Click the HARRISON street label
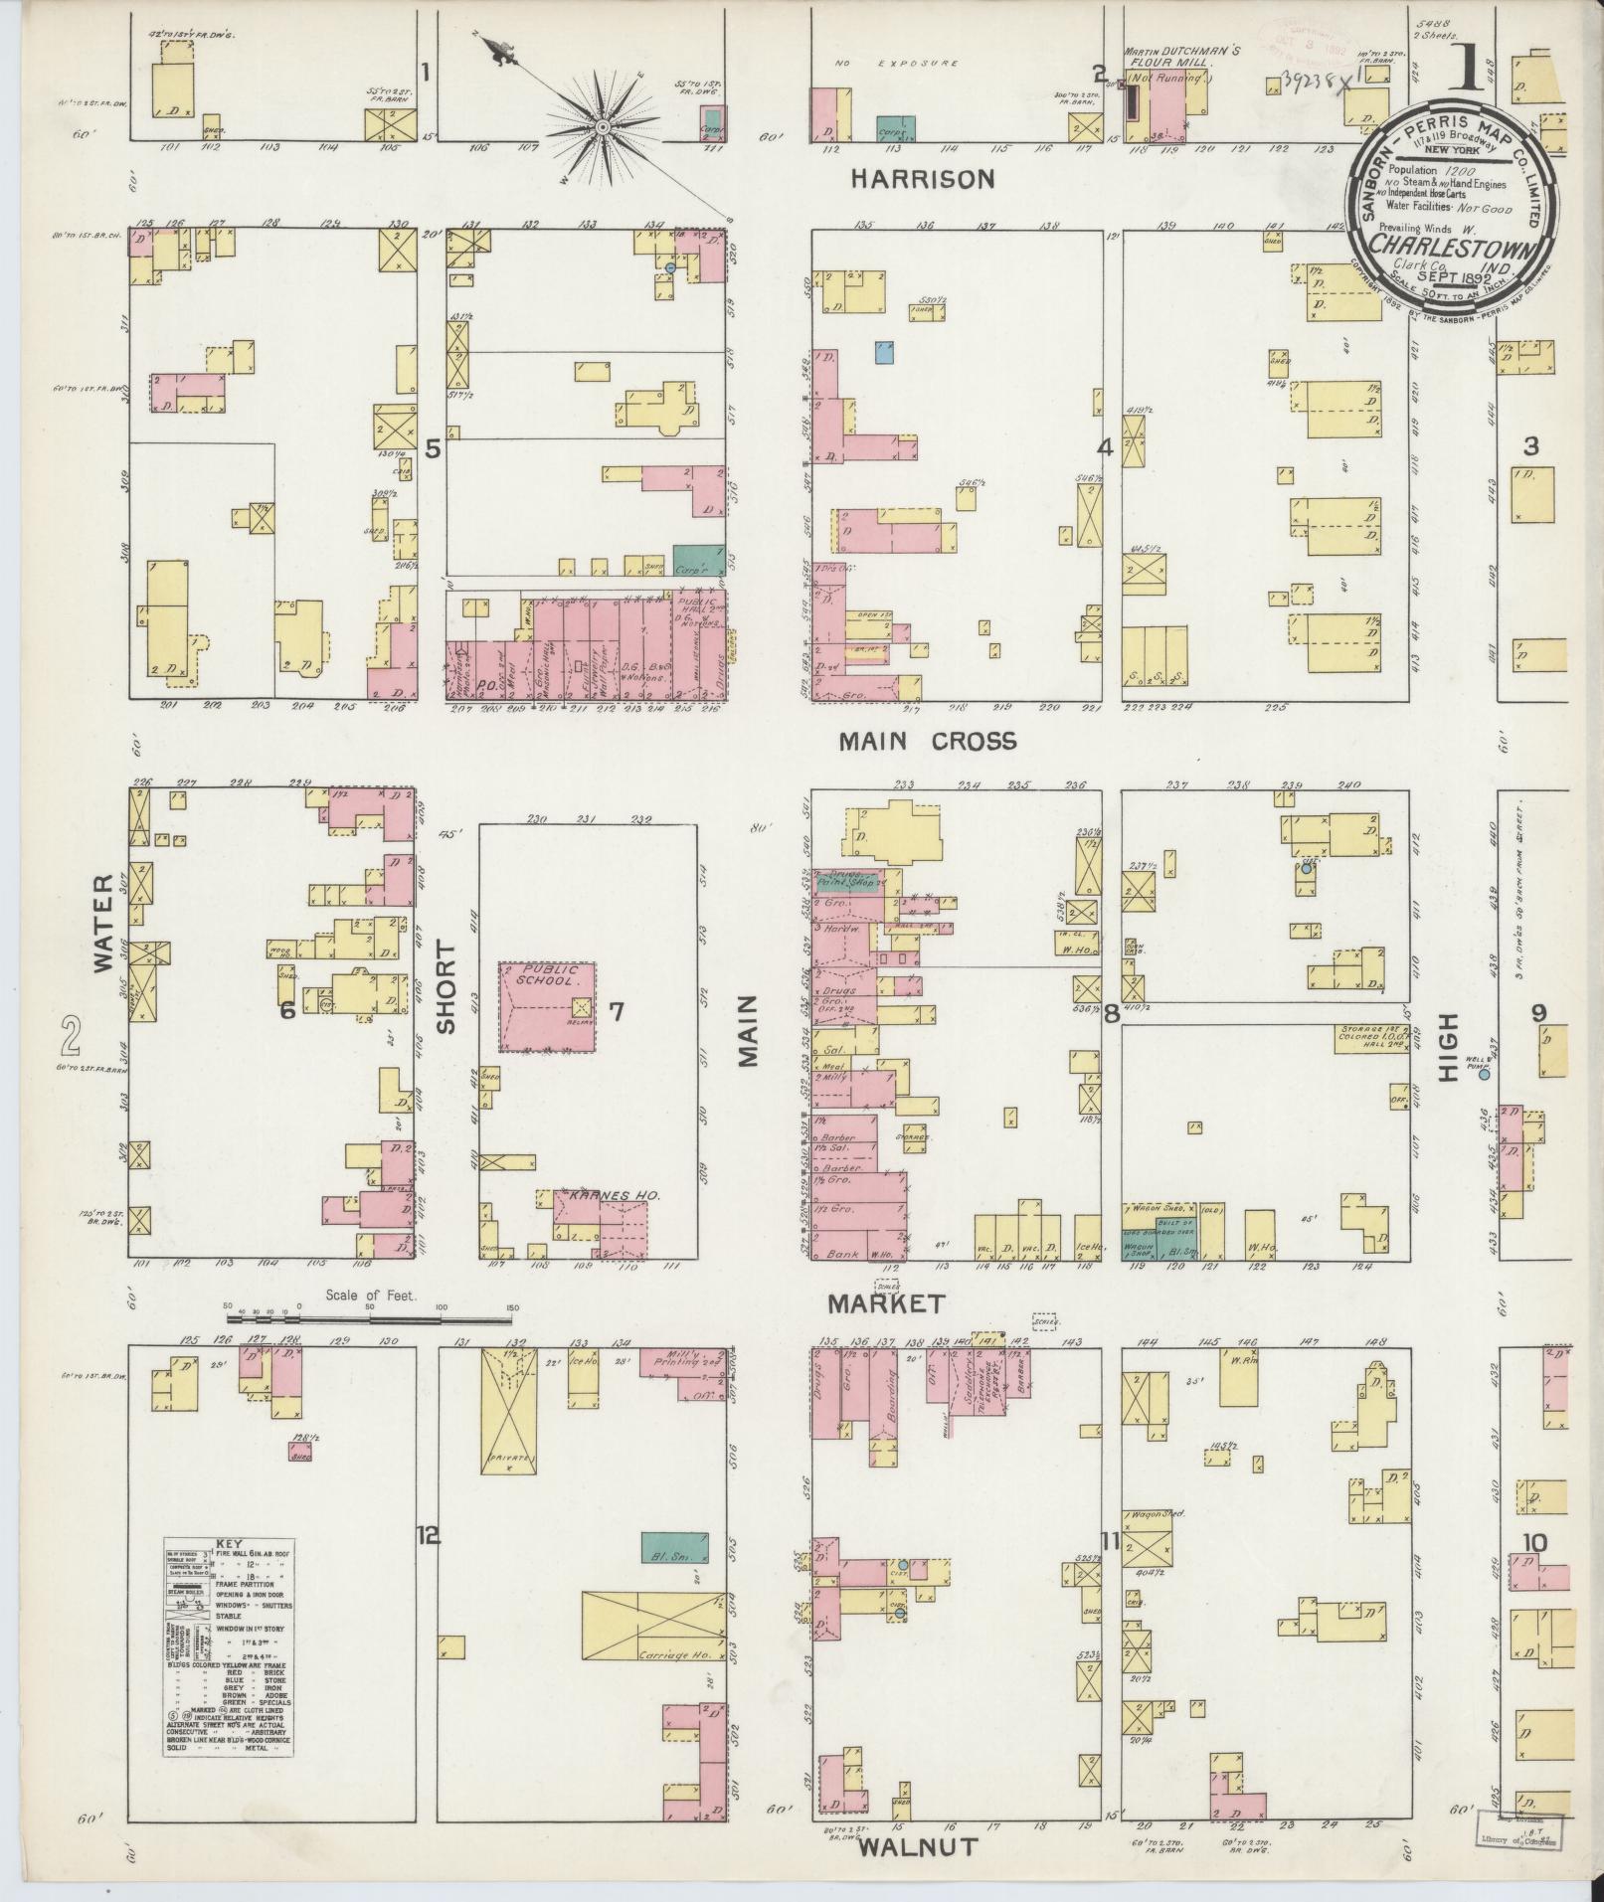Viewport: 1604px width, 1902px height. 922,179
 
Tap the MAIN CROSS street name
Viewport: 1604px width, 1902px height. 927,741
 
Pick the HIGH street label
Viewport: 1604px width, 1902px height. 1446,1049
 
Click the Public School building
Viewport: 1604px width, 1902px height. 548,1006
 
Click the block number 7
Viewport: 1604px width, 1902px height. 616,1012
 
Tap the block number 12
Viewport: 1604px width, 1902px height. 428,1564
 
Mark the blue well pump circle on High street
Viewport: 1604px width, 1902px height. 1485,1074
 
